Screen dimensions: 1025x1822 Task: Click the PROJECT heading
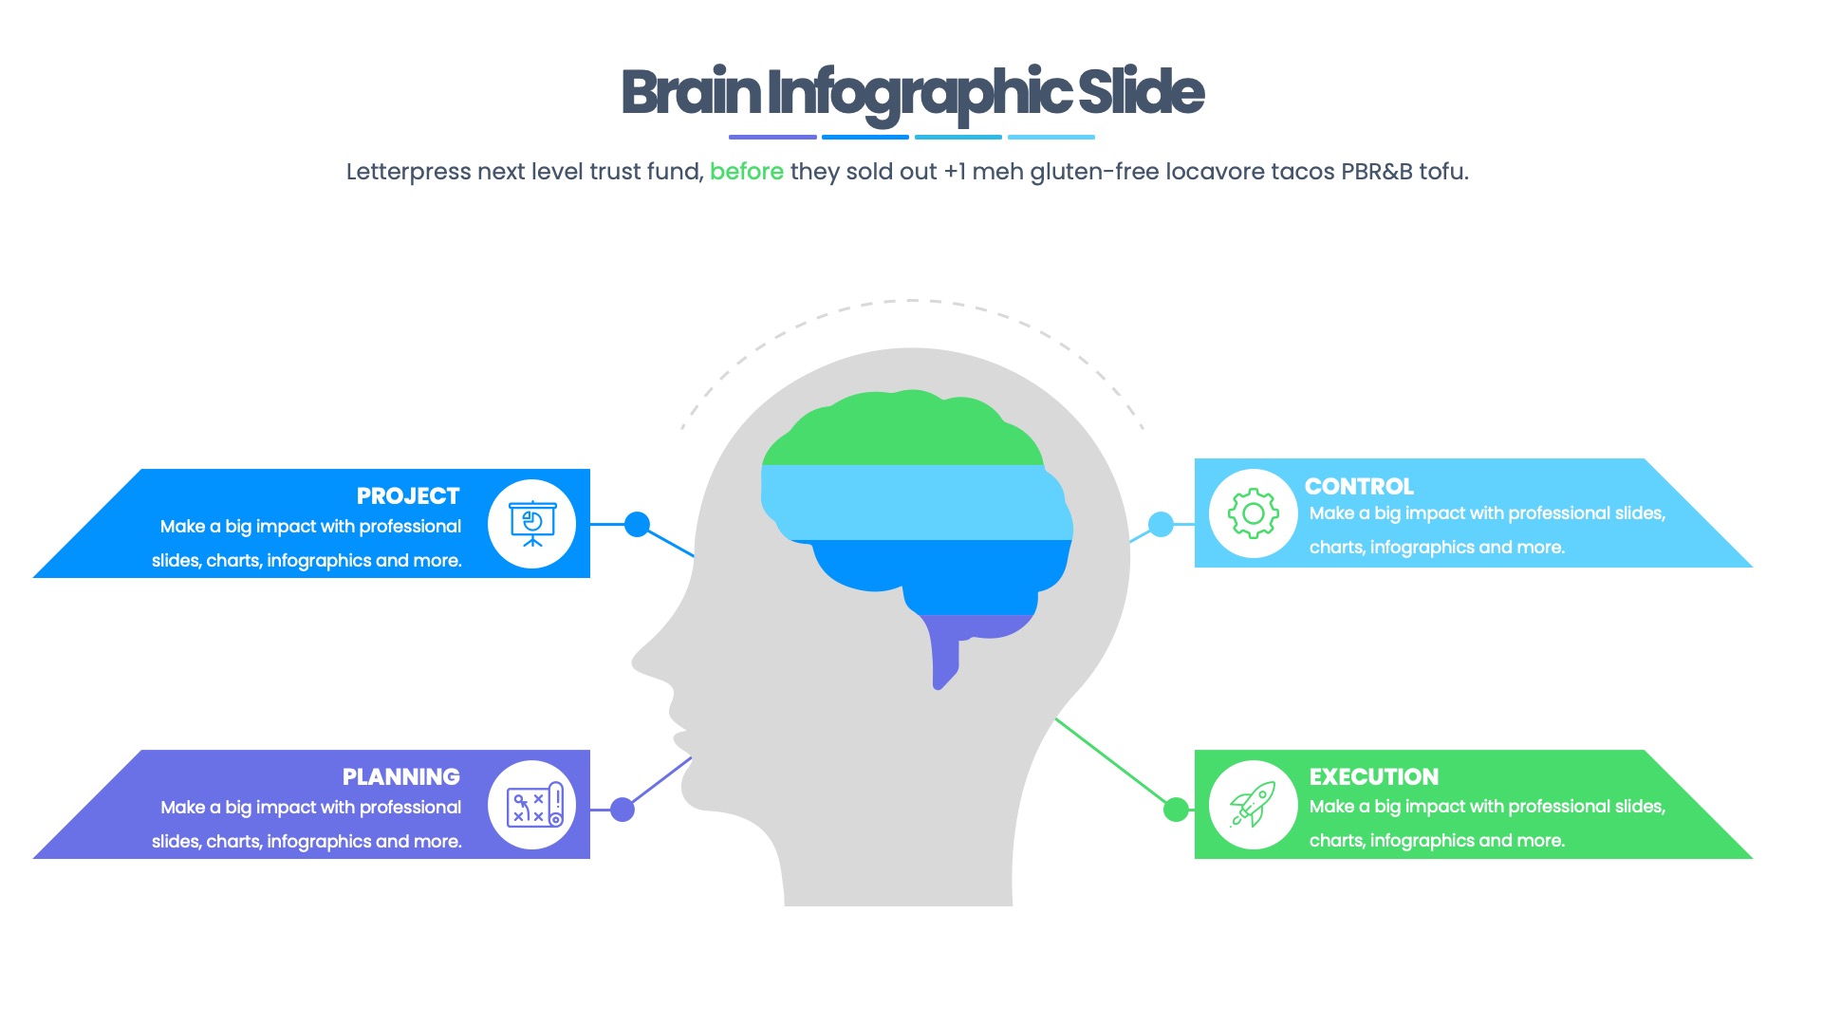(x=408, y=496)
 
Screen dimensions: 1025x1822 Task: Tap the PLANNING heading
(x=400, y=777)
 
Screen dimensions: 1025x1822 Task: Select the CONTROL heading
(x=1359, y=487)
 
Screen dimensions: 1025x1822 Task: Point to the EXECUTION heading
(x=1373, y=777)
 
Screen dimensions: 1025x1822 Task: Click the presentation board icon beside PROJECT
(x=532, y=524)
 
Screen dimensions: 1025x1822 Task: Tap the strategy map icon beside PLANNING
(x=532, y=806)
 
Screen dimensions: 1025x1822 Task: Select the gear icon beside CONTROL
(x=1253, y=513)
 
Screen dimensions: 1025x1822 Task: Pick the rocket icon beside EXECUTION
(x=1253, y=805)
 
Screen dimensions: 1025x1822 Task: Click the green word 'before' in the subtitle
(x=747, y=172)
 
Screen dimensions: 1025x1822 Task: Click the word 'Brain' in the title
(x=691, y=93)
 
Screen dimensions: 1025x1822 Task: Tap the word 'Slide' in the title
(x=1141, y=93)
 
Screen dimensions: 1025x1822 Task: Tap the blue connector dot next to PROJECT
(x=638, y=524)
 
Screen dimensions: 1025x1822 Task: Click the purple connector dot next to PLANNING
(x=623, y=810)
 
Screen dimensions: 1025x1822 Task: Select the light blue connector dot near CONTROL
(x=1161, y=524)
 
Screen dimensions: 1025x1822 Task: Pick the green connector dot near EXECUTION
(x=1176, y=810)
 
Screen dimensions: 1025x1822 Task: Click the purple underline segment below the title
(x=772, y=138)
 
